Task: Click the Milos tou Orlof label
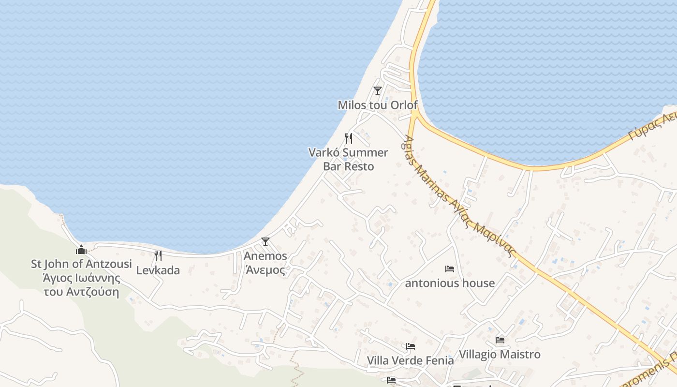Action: click(x=377, y=105)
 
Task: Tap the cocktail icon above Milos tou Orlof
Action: click(x=378, y=90)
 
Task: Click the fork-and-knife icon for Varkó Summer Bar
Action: click(x=349, y=138)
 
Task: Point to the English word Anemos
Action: click(x=265, y=256)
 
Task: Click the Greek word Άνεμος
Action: click(x=265, y=270)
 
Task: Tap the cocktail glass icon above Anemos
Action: click(x=265, y=242)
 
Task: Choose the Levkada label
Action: click(x=158, y=270)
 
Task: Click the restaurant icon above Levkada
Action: click(x=158, y=255)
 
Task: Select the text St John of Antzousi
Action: click(x=81, y=264)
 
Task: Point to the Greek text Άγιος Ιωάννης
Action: click(x=81, y=278)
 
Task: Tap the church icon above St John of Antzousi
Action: click(x=81, y=250)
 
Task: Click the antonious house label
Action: click(x=450, y=283)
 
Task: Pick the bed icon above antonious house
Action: click(x=450, y=269)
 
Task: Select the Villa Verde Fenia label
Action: click(x=411, y=360)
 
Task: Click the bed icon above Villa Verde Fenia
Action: click(x=411, y=346)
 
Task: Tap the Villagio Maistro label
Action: click(x=500, y=354)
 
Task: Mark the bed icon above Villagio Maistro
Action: click(x=500, y=340)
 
